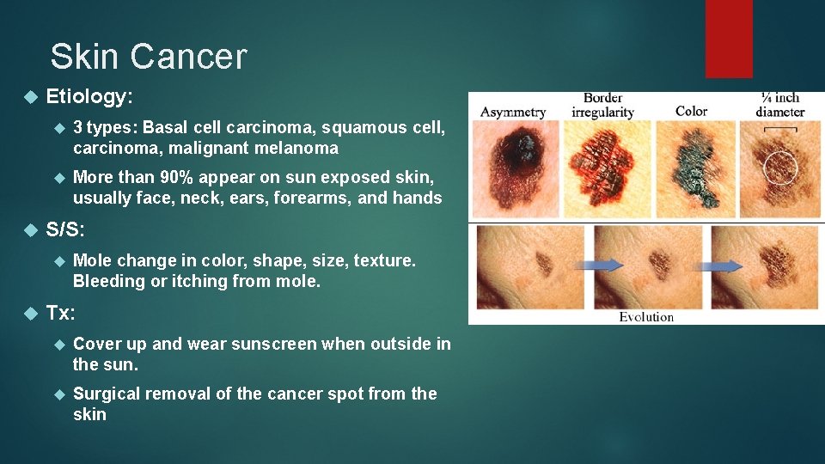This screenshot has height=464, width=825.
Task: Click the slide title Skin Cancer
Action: (x=148, y=57)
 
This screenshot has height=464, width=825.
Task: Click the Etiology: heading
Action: (x=89, y=97)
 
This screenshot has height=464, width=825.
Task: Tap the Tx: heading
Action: (x=61, y=313)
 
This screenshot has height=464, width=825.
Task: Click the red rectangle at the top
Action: (x=729, y=39)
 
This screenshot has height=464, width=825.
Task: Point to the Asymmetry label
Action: (x=513, y=112)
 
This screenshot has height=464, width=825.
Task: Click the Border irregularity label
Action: (x=602, y=105)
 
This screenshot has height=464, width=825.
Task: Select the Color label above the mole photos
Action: (x=691, y=111)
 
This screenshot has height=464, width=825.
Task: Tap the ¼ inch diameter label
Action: (x=779, y=105)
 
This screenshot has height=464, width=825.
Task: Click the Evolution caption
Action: (x=646, y=316)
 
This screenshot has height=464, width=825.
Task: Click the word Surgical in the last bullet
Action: (x=107, y=394)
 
